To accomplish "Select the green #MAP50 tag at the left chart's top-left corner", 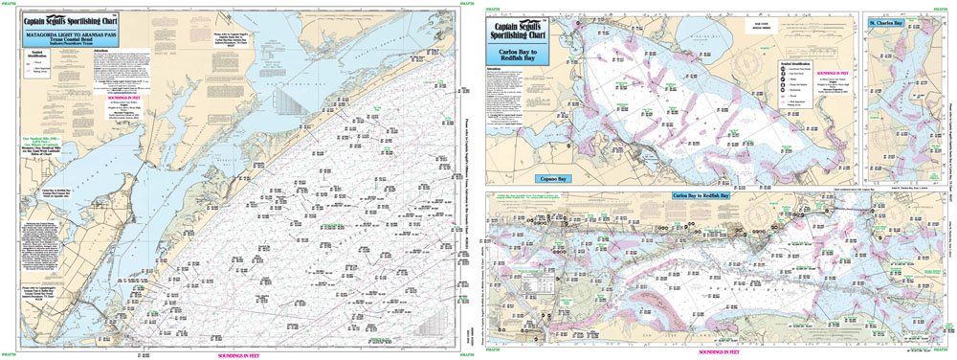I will (10, 6).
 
